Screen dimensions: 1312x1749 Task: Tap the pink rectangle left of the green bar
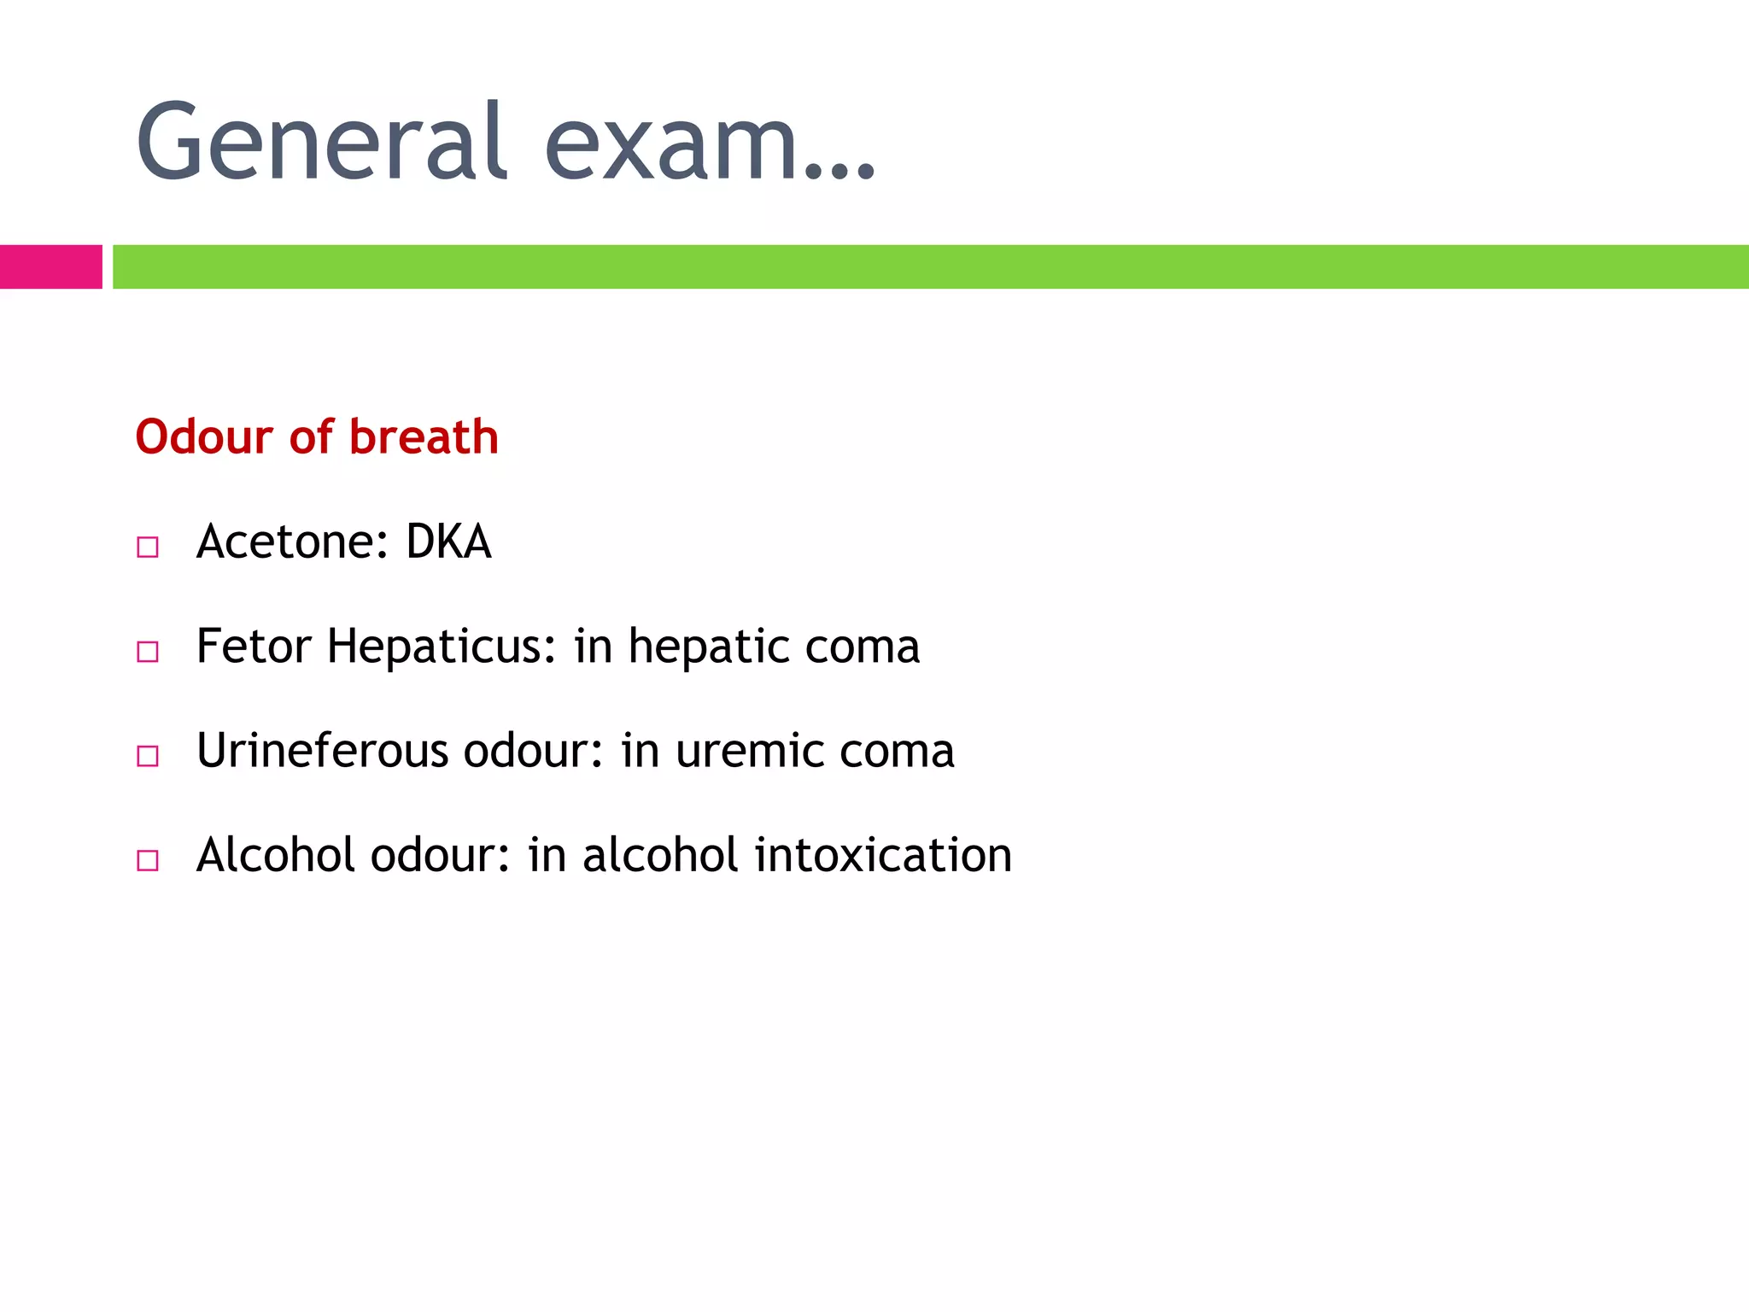tap(50, 266)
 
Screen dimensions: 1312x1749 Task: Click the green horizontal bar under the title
tap(930, 266)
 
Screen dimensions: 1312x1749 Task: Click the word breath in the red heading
tap(424, 437)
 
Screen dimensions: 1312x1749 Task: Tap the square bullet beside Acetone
tap(148, 547)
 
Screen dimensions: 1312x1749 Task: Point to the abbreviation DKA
tap(448, 542)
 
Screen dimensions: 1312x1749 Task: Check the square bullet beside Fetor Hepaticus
tap(148, 652)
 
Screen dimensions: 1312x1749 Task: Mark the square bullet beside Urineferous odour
tap(148, 756)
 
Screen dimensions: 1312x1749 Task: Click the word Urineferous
tap(322, 751)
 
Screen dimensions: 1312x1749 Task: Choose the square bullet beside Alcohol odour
tap(148, 860)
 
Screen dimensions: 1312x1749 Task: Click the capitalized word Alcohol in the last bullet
tap(275, 855)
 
